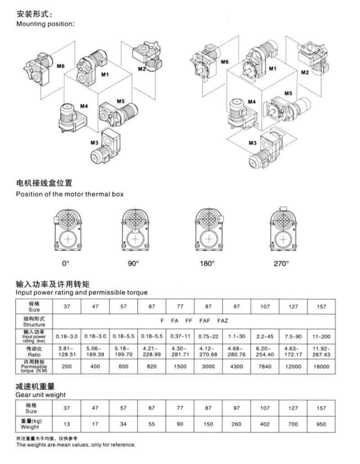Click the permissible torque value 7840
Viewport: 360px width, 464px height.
pos(265,366)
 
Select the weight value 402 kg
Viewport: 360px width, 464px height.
pos(265,424)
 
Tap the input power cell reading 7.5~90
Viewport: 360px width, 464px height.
pos(293,335)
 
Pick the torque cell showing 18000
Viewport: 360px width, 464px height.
pos(321,366)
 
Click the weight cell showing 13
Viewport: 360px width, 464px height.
pos(67,424)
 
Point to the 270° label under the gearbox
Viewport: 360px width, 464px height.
pos(280,264)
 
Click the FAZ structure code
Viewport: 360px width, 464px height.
pos(223,321)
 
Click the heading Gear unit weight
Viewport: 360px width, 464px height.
pos(41,395)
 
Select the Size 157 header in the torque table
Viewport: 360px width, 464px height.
pos(321,307)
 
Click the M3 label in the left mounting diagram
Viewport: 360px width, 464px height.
pos(94,143)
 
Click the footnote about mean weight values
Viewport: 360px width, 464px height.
pos(76,445)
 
